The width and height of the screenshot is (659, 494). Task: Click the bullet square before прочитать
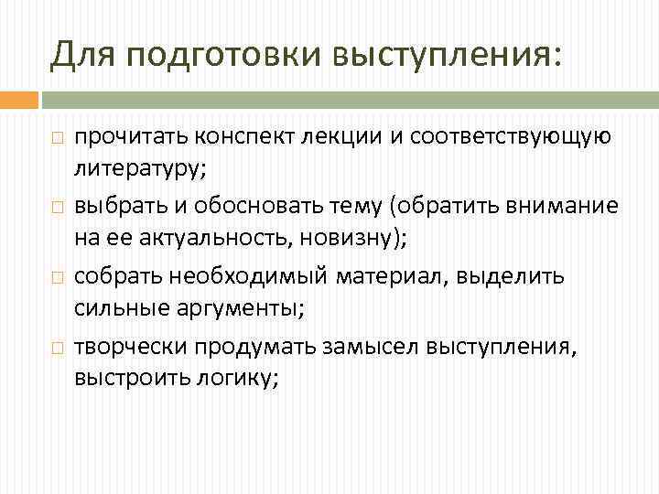click(x=56, y=138)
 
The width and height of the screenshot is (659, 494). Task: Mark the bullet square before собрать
click(x=56, y=276)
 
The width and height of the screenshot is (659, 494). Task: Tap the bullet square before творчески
click(x=56, y=347)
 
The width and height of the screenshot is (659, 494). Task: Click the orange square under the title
click(x=20, y=99)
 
